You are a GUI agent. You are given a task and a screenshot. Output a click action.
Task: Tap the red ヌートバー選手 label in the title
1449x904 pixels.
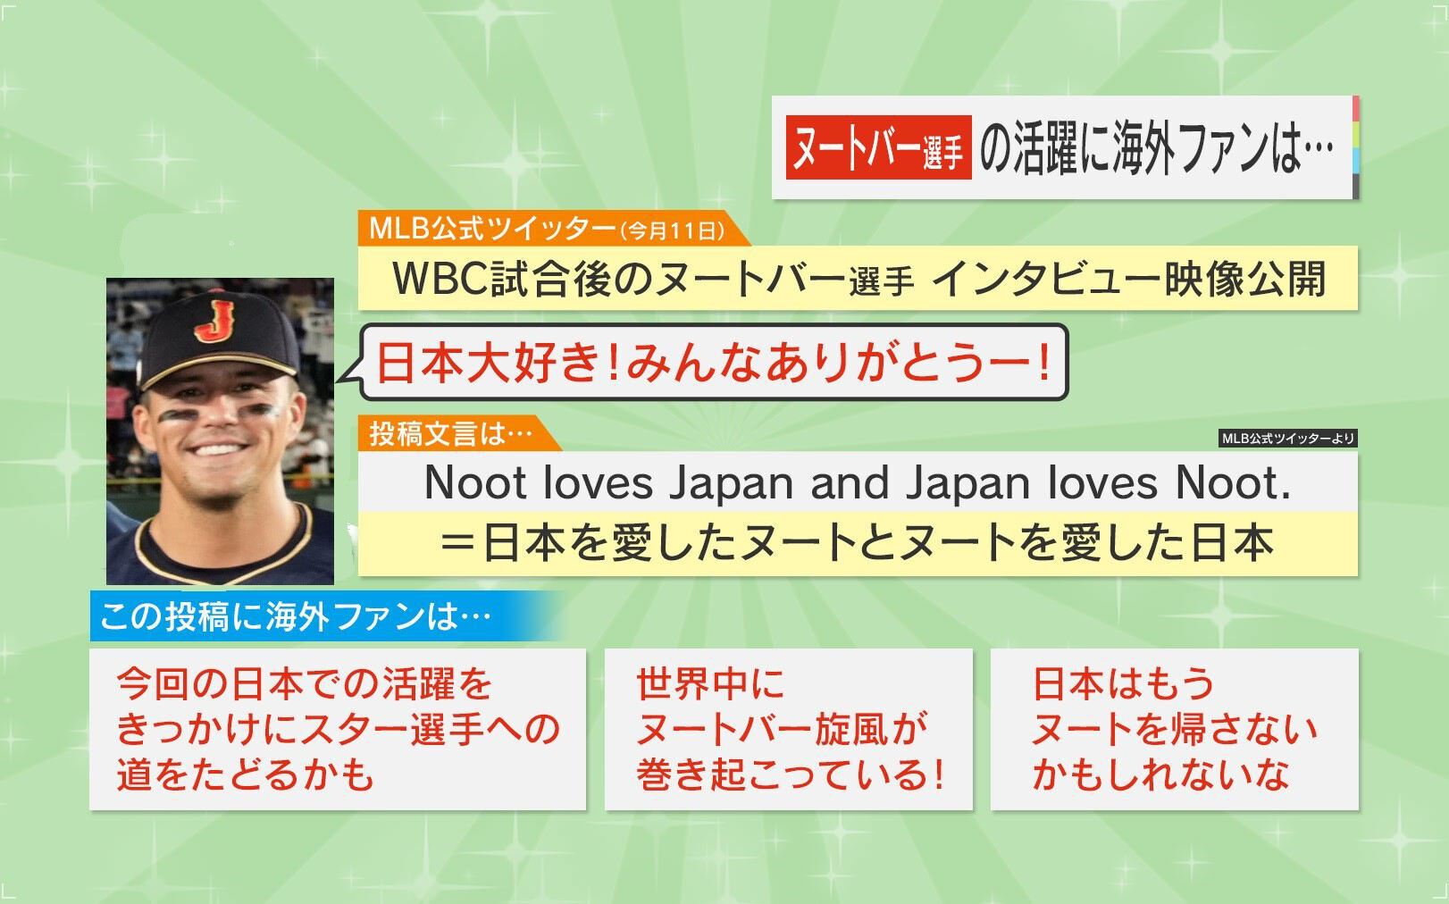[878, 147]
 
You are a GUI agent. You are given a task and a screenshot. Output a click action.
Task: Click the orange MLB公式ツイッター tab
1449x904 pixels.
[554, 229]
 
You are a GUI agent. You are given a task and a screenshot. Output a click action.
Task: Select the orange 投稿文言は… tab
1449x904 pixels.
[459, 433]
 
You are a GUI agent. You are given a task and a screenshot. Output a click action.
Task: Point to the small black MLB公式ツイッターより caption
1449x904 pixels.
[1287, 439]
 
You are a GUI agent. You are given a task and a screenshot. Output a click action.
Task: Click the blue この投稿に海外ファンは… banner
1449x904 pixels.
[323, 616]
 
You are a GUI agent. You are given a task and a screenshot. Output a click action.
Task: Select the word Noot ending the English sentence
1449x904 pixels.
[1233, 482]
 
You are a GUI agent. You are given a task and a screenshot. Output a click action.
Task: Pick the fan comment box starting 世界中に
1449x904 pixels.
[789, 730]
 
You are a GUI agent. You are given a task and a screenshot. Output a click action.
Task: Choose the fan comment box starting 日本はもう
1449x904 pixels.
[1174, 730]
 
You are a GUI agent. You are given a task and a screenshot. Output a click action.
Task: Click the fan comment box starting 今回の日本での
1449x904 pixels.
[338, 730]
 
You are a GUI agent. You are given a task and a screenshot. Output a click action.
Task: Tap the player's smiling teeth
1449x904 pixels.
[217, 448]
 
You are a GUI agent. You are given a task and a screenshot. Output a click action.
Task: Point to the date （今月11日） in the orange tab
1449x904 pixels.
[672, 230]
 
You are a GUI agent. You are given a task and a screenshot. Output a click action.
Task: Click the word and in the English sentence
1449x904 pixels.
[850, 482]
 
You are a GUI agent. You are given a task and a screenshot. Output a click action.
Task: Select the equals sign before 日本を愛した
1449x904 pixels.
[458, 544]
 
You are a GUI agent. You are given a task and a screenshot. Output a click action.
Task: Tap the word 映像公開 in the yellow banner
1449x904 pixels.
[1246, 279]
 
